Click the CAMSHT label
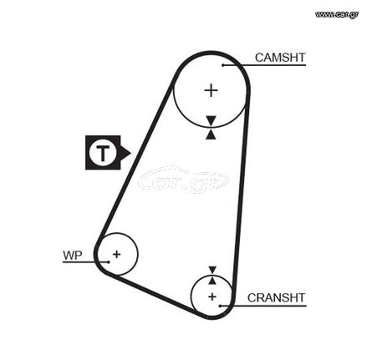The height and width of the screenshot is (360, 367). (x=280, y=58)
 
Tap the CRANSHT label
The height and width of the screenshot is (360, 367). (x=277, y=297)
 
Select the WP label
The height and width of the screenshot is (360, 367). (x=73, y=255)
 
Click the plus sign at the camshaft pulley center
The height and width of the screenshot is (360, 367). (x=211, y=90)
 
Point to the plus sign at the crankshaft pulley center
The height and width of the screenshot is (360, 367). (x=212, y=297)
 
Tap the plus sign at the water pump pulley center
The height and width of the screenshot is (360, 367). (x=116, y=254)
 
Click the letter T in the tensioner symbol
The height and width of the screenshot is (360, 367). (x=103, y=153)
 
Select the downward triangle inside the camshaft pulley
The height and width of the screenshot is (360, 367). (x=211, y=120)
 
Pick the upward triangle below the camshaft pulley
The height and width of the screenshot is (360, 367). (x=211, y=134)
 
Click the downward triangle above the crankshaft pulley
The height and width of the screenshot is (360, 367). (x=212, y=270)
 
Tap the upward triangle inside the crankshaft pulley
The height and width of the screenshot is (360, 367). (x=212, y=281)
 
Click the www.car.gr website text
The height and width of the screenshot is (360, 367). (x=337, y=14)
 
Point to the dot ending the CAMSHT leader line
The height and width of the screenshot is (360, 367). (x=223, y=65)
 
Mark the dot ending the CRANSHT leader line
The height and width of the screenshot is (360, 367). (x=220, y=306)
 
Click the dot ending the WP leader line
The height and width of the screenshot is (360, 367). (x=109, y=262)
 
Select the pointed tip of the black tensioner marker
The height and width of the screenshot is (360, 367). (x=130, y=153)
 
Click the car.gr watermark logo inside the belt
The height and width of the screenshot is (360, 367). (x=183, y=180)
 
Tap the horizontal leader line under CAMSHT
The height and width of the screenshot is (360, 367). (x=264, y=65)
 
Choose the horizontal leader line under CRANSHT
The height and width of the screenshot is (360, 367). (x=263, y=306)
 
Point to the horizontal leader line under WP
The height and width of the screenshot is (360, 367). (x=85, y=262)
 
